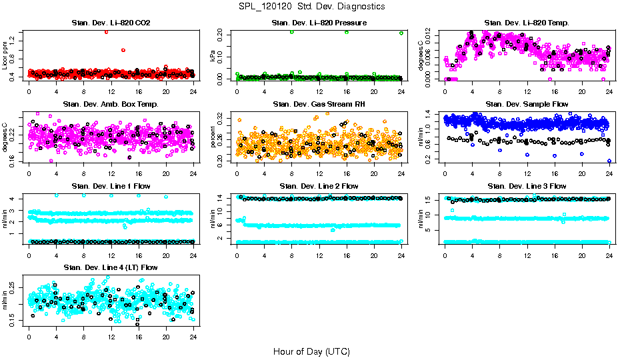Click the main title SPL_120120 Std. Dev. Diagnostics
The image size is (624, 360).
(311, 6)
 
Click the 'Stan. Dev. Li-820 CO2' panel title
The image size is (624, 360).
(111, 23)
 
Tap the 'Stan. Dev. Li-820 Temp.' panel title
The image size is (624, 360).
(527, 23)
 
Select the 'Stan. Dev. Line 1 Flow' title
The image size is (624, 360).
(111, 186)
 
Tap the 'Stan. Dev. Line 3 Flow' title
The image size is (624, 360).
(527, 186)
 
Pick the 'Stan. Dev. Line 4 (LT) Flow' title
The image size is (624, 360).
(111, 267)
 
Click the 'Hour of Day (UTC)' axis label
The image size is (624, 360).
(311, 351)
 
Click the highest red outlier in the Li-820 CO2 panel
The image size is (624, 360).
(106, 31)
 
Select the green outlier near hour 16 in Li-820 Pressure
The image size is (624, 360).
(347, 32)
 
